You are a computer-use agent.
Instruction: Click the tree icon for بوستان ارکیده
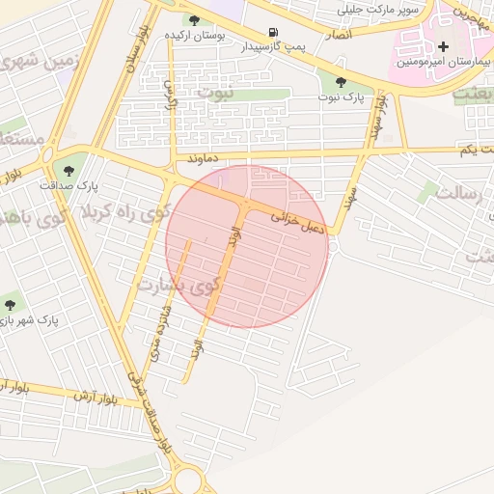195,20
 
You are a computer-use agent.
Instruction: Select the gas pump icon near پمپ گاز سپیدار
273,32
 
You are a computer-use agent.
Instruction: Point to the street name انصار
338,34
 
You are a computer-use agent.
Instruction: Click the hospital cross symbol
443,46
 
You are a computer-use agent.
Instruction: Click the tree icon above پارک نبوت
339,81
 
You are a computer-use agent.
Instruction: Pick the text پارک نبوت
339,97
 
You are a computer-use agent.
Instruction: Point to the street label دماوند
206,155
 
